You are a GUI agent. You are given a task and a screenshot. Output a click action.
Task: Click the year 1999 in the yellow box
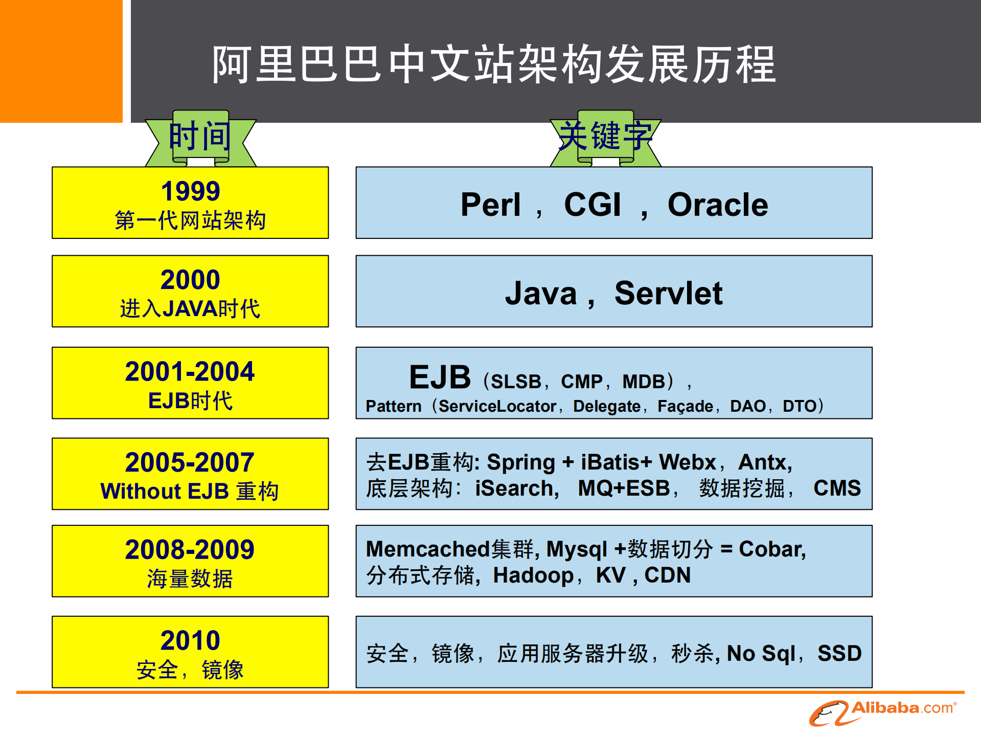pos(190,191)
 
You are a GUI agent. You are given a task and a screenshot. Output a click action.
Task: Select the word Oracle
pos(717,205)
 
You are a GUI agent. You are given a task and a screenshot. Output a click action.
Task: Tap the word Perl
pos(490,205)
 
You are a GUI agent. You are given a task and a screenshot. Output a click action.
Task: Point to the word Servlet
pos(668,293)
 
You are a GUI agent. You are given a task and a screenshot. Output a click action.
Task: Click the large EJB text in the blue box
pos(440,377)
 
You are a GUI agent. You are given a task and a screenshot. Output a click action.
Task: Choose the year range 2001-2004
pos(190,371)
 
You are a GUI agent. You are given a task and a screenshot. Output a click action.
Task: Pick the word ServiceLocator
pos(497,406)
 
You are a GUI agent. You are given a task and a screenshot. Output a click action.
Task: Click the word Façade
pos(685,406)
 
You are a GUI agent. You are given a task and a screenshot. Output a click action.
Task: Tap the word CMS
pos(837,488)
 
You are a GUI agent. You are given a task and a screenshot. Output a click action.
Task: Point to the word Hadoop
pos(533,575)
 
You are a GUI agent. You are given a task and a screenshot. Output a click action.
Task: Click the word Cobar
pos(771,549)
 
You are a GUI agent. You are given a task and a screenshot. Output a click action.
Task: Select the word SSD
pos(839,653)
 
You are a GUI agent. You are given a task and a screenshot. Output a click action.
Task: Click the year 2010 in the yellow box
pos(190,640)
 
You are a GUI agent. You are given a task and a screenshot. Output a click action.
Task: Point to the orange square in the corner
pos(61,61)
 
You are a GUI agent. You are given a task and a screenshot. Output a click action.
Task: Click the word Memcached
pos(427,549)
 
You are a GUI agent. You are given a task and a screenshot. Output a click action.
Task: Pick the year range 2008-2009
pos(190,550)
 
